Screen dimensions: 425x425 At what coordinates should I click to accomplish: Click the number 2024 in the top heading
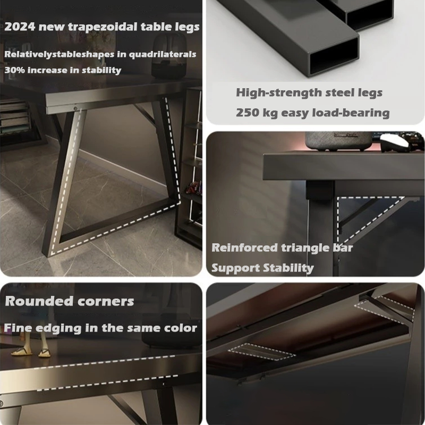point(20,27)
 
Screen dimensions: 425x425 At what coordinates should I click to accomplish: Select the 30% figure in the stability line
point(15,70)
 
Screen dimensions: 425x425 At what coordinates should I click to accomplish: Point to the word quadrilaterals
point(163,54)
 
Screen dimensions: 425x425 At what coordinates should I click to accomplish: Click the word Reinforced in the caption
point(244,248)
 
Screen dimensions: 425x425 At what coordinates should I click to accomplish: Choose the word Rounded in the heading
point(39,301)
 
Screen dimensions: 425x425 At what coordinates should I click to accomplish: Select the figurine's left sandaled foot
point(22,351)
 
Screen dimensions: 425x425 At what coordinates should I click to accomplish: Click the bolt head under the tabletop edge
point(75,108)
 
